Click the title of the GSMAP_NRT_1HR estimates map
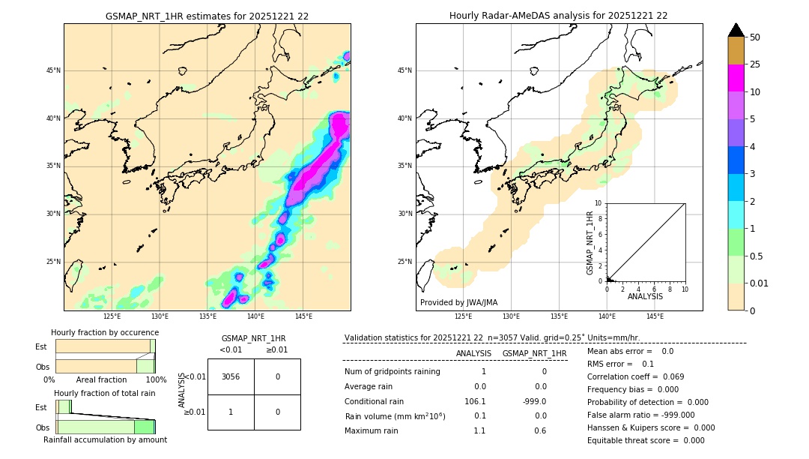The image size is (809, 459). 207,16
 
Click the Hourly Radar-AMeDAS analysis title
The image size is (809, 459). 558,16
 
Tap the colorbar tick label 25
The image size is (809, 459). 755,64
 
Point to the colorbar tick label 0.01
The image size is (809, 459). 760,283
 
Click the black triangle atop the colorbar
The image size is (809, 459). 736,30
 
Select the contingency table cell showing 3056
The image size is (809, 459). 231,376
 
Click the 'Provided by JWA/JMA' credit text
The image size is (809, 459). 458,303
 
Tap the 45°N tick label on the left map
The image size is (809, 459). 53,70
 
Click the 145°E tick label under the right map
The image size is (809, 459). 655,317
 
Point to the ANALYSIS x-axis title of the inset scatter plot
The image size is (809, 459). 645,297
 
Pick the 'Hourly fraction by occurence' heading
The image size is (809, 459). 105,332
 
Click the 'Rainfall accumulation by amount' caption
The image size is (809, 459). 105,439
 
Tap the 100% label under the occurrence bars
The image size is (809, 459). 156,380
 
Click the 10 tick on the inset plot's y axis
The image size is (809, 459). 599,203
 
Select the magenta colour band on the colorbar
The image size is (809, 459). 736,79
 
